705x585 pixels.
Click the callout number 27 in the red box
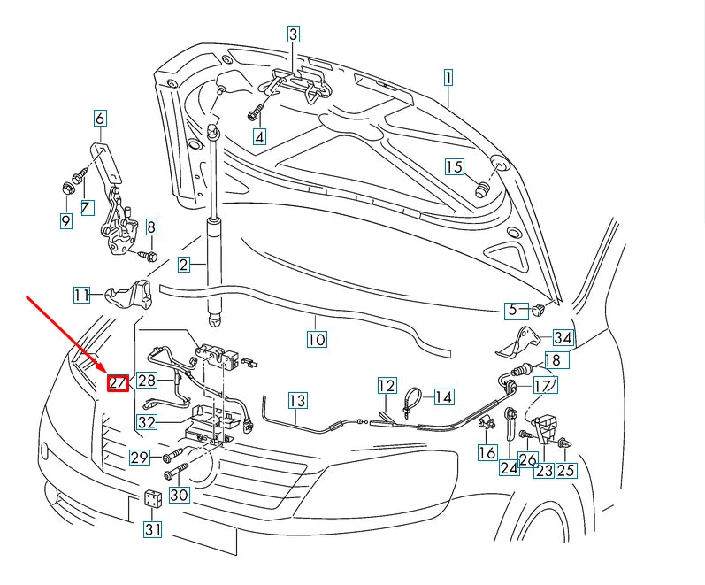pyautogui.click(x=118, y=382)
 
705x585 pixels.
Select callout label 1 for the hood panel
pyautogui.click(x=448, y=77)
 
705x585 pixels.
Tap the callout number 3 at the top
pyautogui.click(x=294, y=35)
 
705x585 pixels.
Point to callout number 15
pyautogui.click(x=454, y=166)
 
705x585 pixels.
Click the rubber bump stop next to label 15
pyautogui.click(x=483, y=189)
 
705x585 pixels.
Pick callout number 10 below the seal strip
pyautogui.click(x=317, y=338)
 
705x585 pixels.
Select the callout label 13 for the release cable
pyautogui.click(x=297, y=401)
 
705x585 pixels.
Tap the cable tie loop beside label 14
pyautogui.click(x=411, y=399)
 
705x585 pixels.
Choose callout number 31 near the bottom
pyautogui.click(x=153, y=529)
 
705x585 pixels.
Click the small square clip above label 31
pyautogui.click(x=153, y=498)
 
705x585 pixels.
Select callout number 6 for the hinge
pyautogui.click(x=100, y=118)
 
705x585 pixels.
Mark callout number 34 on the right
pyautogui.click(x=563, y=337)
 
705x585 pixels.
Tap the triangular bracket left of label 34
pyautogui.click(x=523, y=342)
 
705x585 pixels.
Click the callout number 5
pyautogui.click(x=511, y=310)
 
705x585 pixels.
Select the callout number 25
pyautogui.click(x=566, y=470)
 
